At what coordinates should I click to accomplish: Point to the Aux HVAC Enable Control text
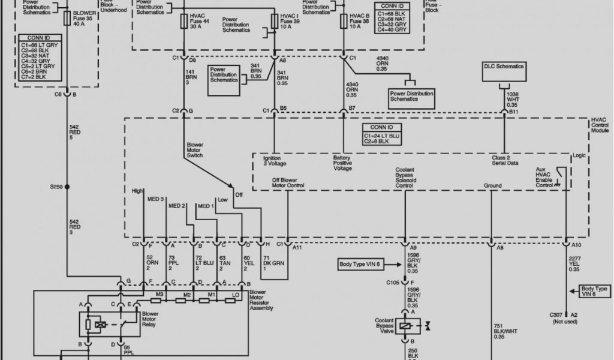tap(545, 177)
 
